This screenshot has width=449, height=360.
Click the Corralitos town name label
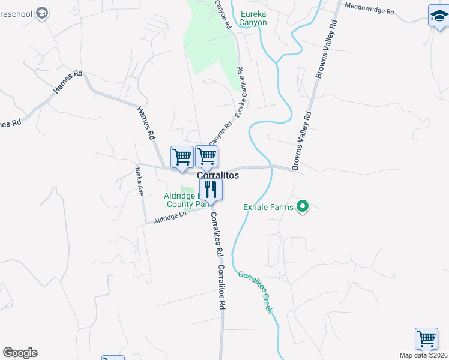click(218, 175)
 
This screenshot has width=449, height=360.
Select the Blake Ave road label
click(140, 182)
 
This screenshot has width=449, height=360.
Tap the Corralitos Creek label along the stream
click(255, 292)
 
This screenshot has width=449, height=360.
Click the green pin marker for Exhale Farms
click(303, 208)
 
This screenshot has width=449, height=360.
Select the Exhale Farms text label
click(268, 208)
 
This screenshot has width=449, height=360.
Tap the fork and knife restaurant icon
click(211, 189)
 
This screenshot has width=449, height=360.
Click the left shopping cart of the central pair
click(182, 157)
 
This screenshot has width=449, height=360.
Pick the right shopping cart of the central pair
click(206, 157)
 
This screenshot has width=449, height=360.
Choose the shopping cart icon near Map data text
click(426, 338)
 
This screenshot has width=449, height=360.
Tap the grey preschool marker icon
click(42, 13)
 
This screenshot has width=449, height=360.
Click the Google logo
click(20, 353)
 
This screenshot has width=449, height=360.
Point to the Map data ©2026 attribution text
click(423, 355)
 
